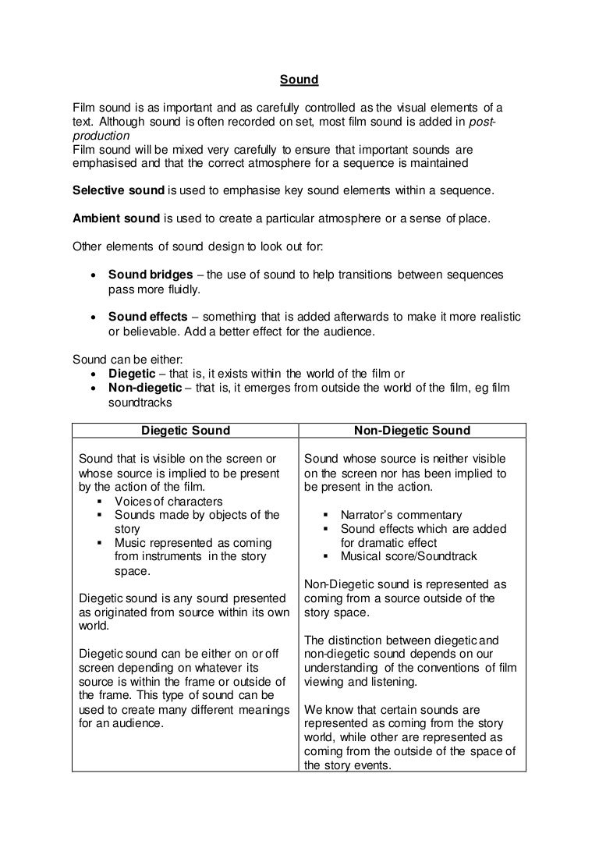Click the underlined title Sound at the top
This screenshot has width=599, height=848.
[299, 80]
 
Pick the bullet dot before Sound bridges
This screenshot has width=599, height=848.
[94, 276]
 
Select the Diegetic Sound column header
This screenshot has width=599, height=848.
[186, 431]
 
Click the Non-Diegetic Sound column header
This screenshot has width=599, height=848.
[412, 431]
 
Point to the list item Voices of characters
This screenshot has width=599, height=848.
[168, 501]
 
